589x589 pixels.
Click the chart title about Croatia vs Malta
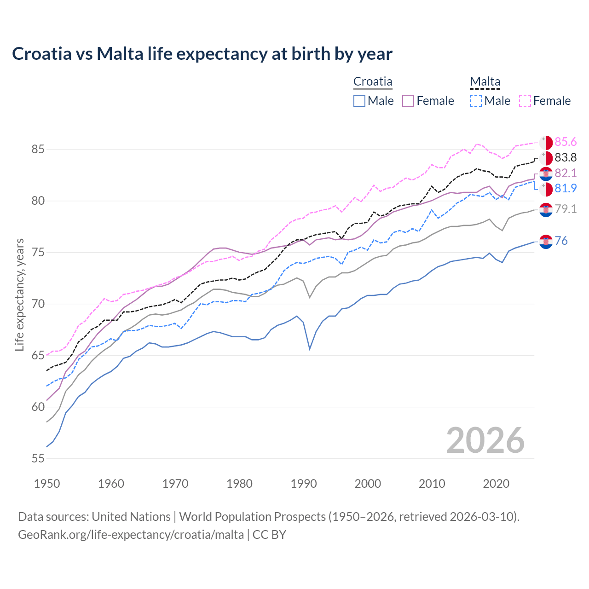pos(202,54)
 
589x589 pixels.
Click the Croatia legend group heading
pos(373,82)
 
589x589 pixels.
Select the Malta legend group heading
pos(485,82)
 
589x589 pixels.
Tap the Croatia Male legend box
pos(359,101)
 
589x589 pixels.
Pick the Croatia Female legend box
pos(408,101)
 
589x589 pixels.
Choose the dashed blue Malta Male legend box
pos(476,101)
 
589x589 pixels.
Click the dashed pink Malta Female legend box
pos(525,101)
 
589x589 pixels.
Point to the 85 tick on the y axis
pos(38,150)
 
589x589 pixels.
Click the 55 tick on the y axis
pos(38,459)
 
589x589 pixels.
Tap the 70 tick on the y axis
pos(38,304)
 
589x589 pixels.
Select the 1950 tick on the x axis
pos(47,484)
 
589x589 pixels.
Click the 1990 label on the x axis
pos(304,484)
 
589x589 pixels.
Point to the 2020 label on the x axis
pos(496,484)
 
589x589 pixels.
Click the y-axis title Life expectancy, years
pos(19,294)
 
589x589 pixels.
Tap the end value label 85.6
pos(566,142)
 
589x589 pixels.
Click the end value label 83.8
pos(566,157)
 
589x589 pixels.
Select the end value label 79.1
pos(566,209)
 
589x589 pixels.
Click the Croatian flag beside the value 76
pos(546,241)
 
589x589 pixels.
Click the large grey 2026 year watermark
pos(485,440)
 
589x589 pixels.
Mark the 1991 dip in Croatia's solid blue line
pos(310,349)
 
